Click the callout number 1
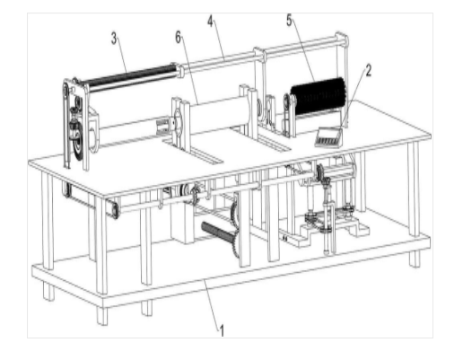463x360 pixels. click(222, 330)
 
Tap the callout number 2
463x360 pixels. click(368, 71)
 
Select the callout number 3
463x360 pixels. click(114, 39)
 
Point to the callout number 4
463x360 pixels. click(211, 22)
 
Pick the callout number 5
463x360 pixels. click(289, 20)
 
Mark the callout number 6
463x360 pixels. click(178, 38)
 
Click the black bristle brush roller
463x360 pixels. click(318, 96)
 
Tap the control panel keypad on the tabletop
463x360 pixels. click(328, 137)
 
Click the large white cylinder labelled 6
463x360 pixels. click(219, 115)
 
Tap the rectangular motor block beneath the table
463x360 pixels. click(181, 222)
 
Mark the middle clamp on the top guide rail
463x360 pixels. click(259, 54)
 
